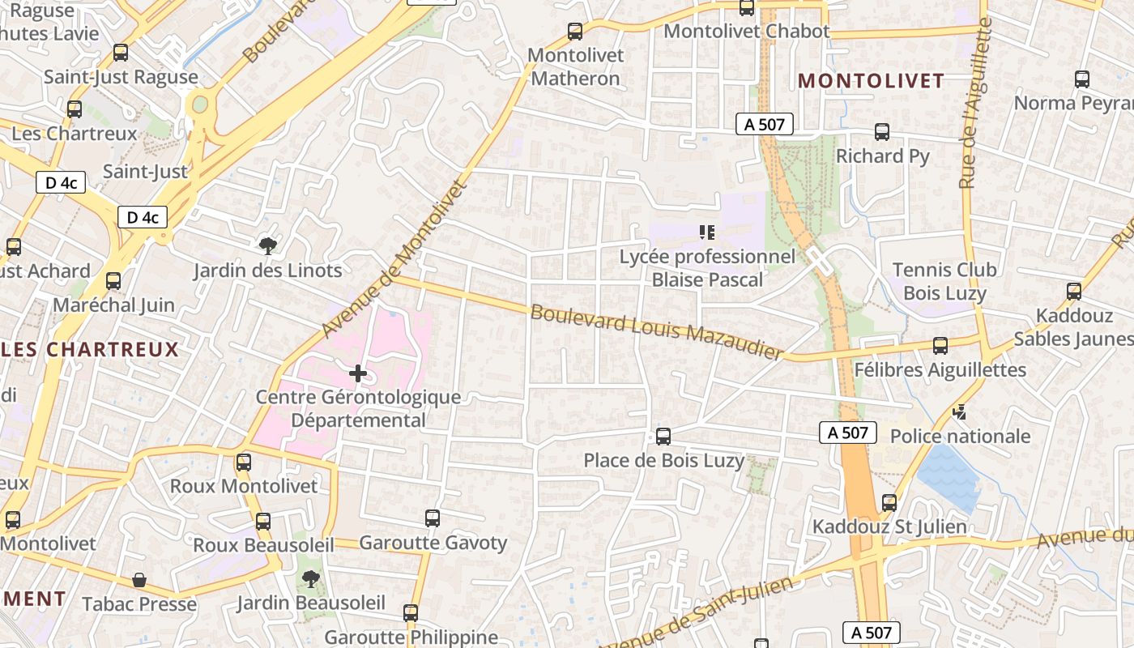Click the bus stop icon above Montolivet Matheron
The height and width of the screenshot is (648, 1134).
point(575,32)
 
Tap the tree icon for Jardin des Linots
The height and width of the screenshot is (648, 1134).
point(266,245)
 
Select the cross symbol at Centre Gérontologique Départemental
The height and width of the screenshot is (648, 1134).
point(357,373)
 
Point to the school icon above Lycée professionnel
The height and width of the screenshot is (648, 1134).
point(707,233)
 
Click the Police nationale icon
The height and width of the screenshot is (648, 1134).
point(960,412)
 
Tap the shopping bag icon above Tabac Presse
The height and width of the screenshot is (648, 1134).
point(139,580)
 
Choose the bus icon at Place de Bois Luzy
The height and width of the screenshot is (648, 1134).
point(663,437)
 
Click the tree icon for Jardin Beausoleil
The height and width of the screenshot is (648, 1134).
point(309,578)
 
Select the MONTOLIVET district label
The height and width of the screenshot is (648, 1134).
point(871,80)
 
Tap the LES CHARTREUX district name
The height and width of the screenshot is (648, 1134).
point(89,349)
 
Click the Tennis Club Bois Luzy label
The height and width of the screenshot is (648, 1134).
point(944,281)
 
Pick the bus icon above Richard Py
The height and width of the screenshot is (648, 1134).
point(882,132)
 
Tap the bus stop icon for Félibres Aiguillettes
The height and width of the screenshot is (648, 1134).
point(940,346)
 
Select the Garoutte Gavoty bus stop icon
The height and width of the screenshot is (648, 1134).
point(433,518)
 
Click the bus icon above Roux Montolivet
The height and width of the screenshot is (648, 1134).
point(244,463)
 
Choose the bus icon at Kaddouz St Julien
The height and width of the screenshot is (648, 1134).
point(889,503)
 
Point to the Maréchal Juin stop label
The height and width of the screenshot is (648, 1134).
point(113,305)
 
